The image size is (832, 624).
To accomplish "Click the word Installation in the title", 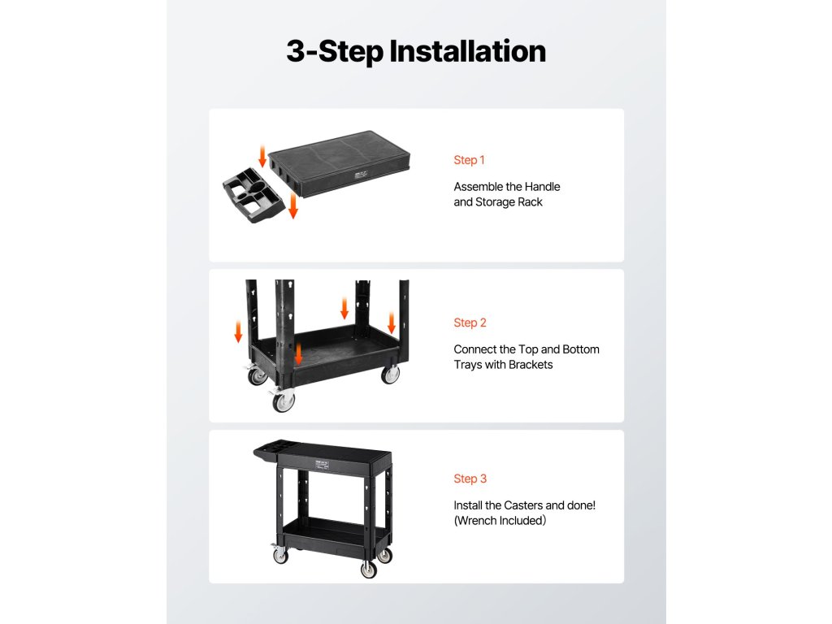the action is point(467,51).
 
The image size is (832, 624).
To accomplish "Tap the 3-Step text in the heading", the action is point(334,52).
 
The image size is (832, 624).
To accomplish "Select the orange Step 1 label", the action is point(469,160).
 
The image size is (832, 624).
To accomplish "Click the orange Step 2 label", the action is point(470,323).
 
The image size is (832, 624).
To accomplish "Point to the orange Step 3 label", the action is point(470,479).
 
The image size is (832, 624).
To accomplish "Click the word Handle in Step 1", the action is point(542,187).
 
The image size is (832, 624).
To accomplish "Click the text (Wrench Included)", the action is point(500,521).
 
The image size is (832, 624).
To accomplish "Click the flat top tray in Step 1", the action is point(339,163).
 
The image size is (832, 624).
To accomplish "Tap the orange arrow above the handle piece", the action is point(262,157).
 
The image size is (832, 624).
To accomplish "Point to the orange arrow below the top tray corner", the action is point(292,206).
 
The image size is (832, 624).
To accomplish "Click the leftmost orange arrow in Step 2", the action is point(238,331).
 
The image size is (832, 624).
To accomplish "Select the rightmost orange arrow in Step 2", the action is point(392,323).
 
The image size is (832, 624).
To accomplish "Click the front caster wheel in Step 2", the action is point(284,401).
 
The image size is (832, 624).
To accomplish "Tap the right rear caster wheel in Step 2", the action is point(390,374).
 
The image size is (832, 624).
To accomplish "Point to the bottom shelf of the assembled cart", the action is point(334,533).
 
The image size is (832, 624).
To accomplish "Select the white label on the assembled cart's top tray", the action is point(322,466).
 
